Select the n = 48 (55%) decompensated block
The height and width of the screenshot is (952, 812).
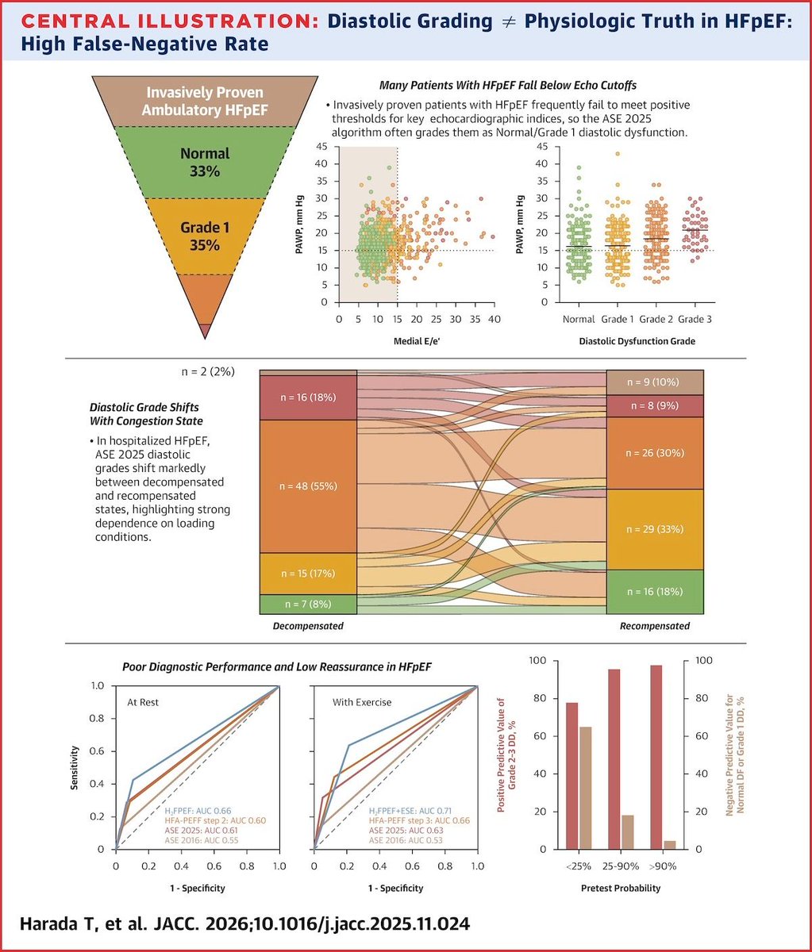point(308,486)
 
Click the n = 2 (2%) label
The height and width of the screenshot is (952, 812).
point(206,371)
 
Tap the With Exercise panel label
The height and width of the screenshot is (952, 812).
point(361,702)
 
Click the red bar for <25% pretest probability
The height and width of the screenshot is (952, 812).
point(571,776)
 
